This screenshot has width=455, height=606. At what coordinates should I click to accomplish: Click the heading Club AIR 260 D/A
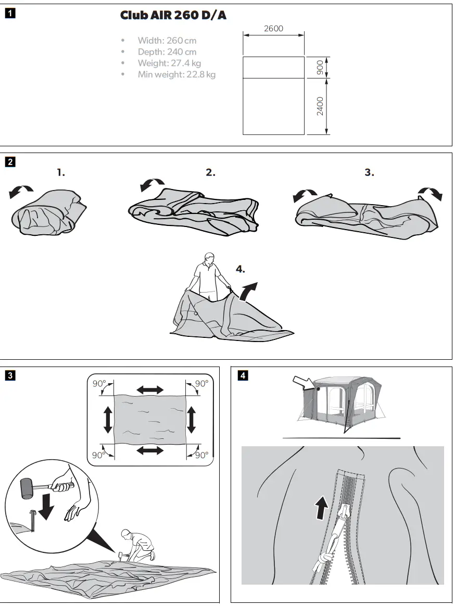pyautogui.click(x=173, y=16)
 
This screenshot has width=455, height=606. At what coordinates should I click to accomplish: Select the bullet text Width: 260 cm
pyautogui.click(x=167, y=41)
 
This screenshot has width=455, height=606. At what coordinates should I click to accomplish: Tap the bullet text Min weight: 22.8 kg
pyautogui.click(x=176, y=74)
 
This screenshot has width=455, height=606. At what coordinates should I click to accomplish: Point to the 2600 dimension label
pyautogui.click(x=273, y=29)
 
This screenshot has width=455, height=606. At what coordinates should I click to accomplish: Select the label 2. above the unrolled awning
pyautogui.click(x=210, y=173)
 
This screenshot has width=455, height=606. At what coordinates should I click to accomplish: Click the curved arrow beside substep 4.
pyautogui.click(x=249, y=290)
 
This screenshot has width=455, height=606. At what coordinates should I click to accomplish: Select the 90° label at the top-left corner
pyautogui.click(x=99, y=384)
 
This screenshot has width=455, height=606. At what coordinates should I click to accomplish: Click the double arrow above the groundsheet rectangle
pyautogui.click(x=149, y=389)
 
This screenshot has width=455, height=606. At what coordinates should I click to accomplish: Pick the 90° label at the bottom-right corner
pyautogui.click(x=201, y=455)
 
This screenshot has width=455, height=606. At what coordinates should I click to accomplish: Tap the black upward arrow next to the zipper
pyautogui.click(x=322, y=507)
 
